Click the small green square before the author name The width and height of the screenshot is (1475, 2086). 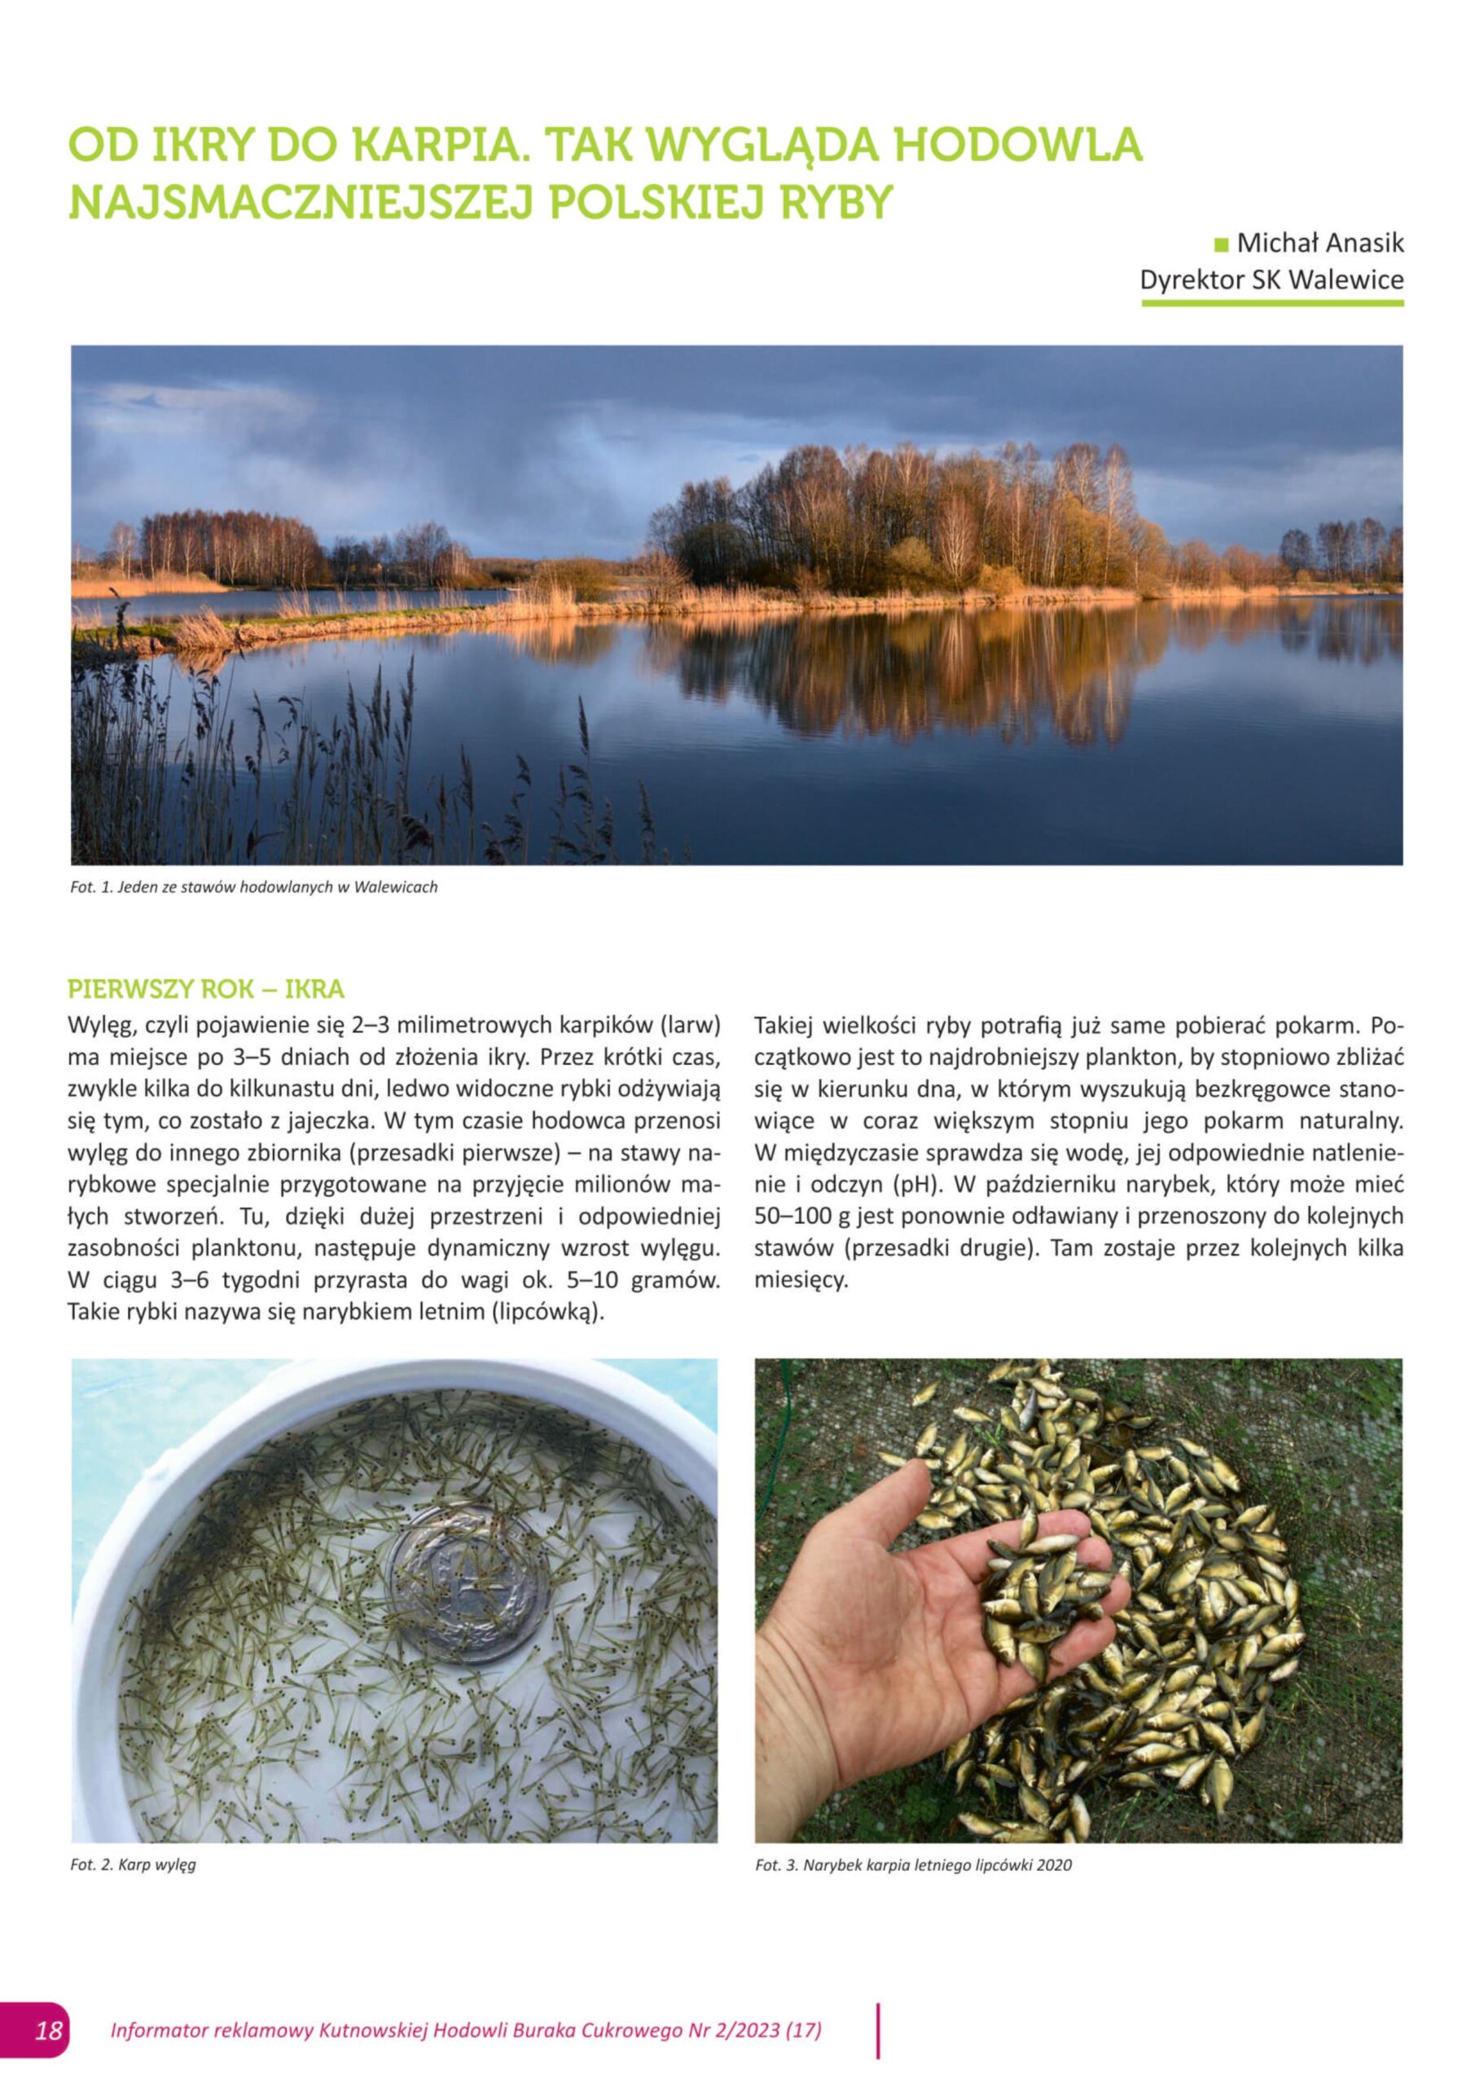(1221, 244)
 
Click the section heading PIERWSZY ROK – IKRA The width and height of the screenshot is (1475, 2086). (206, 988)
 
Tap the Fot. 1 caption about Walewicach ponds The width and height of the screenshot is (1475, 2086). (253, 887)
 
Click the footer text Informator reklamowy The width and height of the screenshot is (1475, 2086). (212, 2030)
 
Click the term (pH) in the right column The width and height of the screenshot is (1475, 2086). (915, 1185)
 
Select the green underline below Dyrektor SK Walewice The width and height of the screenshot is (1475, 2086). (1271, 302)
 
